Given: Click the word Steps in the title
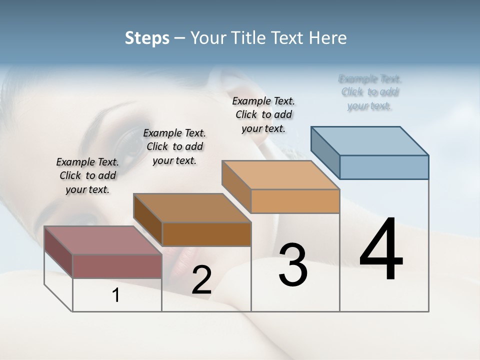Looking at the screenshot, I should point(147,38).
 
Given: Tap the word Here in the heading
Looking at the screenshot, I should point(328,38).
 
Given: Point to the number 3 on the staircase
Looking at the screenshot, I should point(293,265).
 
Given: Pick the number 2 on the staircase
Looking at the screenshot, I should point(201,280).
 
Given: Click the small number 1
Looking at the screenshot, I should point(115,295).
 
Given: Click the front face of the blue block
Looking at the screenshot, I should point(384,167).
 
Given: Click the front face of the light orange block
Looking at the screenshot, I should point(295,201).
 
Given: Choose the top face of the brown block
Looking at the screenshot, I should point(192,207).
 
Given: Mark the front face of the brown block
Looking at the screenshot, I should point(206,234).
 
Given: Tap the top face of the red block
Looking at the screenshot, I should point(102,240).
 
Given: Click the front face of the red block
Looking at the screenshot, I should point(117,266).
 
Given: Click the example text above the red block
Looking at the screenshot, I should point(87,175).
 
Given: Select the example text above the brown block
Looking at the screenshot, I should point(174,146).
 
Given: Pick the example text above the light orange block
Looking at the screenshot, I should point(263,114).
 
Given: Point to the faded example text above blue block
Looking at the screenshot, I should point(370,92).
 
